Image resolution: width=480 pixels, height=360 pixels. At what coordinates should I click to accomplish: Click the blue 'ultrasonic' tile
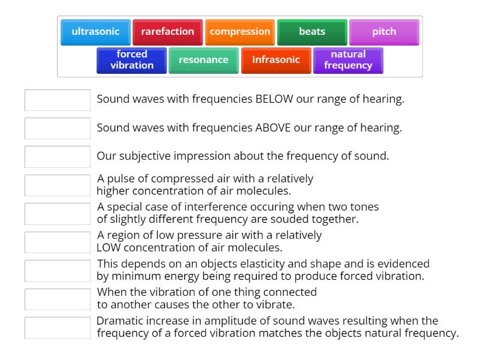point(95,32)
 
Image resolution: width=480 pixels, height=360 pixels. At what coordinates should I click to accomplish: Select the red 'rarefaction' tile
point(167,32)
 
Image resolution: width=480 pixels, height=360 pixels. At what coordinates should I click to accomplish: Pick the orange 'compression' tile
point(240,32)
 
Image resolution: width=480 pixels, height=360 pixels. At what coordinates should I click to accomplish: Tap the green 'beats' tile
point(312,32)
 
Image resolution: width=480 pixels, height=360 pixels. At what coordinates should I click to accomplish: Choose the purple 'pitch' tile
point(384,32)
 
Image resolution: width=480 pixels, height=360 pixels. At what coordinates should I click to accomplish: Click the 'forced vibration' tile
point(131,60)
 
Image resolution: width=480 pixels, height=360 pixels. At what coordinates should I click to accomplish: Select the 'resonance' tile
point(203,60)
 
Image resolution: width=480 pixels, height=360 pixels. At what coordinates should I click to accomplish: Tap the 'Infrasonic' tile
point(276,60)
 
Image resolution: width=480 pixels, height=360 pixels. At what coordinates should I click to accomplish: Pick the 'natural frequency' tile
point(348,60)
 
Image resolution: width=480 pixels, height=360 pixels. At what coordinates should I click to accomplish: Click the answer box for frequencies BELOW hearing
point(58,100)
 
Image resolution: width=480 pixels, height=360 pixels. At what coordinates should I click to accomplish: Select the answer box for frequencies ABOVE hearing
point(58,128)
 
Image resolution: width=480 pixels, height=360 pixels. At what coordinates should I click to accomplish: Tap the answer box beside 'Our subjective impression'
point(58,156)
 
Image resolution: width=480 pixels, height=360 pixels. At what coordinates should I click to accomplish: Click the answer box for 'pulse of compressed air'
point(58,185)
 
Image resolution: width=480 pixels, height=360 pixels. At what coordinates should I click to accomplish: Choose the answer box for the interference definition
point(58,213)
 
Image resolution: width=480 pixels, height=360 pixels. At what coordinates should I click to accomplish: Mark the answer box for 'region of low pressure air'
point(58,241)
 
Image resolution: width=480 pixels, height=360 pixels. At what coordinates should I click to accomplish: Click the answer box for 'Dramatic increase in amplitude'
point(58,327)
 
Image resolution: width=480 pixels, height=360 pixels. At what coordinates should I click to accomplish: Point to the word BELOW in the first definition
point(274,100)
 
